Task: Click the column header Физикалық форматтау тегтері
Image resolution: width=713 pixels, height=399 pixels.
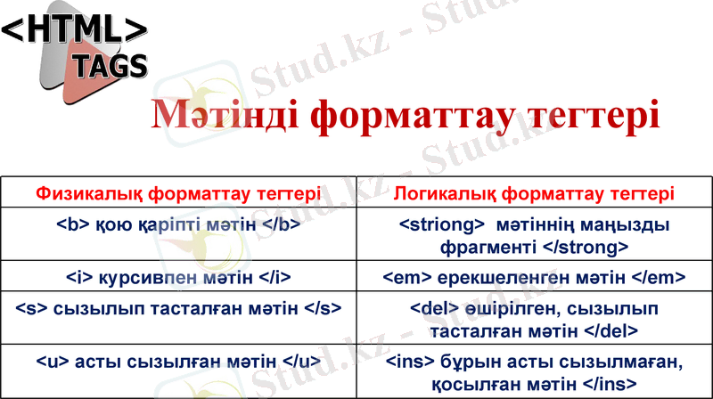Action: [x=178, y=193]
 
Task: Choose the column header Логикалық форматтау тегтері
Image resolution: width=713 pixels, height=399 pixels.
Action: [x=534, y=193]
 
